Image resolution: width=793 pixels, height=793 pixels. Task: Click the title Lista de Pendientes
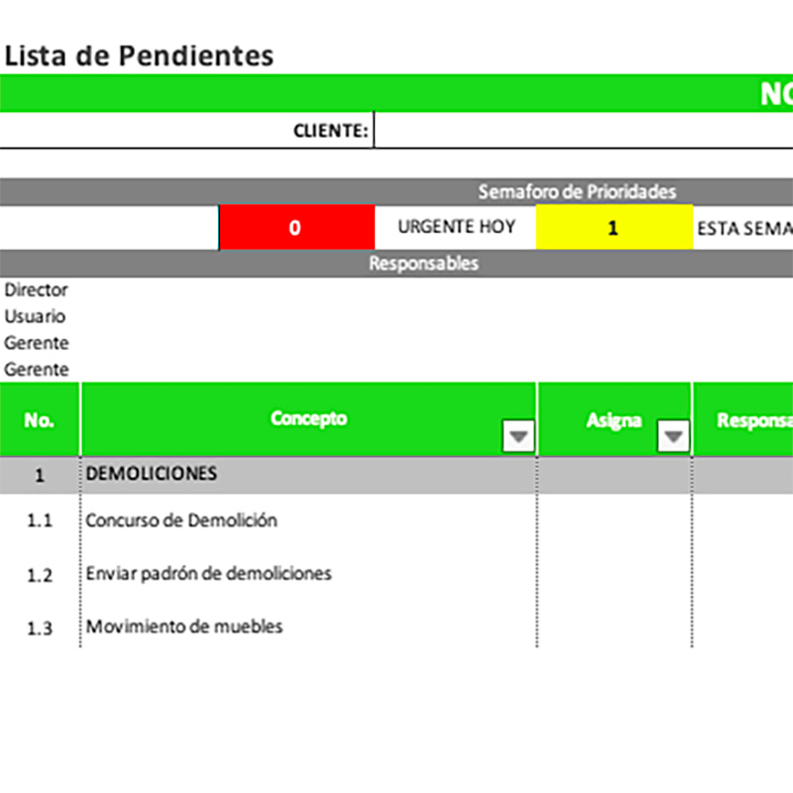click(x=139, y=56)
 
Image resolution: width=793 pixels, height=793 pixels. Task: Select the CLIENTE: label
click(x=331, y=130)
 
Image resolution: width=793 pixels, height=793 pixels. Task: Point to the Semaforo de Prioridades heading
click(x=577, y=191)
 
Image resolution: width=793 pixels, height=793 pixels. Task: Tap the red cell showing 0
click(x=295, y=227)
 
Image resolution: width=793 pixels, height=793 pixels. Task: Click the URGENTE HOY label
click(x=456, y=227)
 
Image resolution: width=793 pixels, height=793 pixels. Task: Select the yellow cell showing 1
click(x=614, y=227)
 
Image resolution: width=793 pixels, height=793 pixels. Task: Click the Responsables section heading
click(x=423, y=264)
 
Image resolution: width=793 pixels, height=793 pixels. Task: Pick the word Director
click(x=37, y=290)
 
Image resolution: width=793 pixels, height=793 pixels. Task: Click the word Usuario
click(x=36, y=317)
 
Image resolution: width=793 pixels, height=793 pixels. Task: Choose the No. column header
click(x=40, y=420)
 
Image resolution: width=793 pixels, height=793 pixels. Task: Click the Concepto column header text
click(x=309, y=418)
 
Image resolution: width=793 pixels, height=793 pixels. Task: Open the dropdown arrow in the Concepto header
click(x=519, y=436)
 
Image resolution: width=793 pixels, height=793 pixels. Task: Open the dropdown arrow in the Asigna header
click(x=674, y=436)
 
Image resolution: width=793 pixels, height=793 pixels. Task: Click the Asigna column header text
click(x=614, y=420)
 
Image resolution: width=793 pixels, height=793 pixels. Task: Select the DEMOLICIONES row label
click(x=152, y=474)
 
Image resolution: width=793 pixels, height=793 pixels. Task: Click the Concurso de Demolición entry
click(x=181, y=520)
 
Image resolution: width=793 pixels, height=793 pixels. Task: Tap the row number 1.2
click(x=40, y=575)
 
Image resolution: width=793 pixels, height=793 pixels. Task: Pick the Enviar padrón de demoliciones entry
click(x=209, y=573)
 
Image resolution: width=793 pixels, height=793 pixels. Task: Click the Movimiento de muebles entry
click(x=184, y=626)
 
